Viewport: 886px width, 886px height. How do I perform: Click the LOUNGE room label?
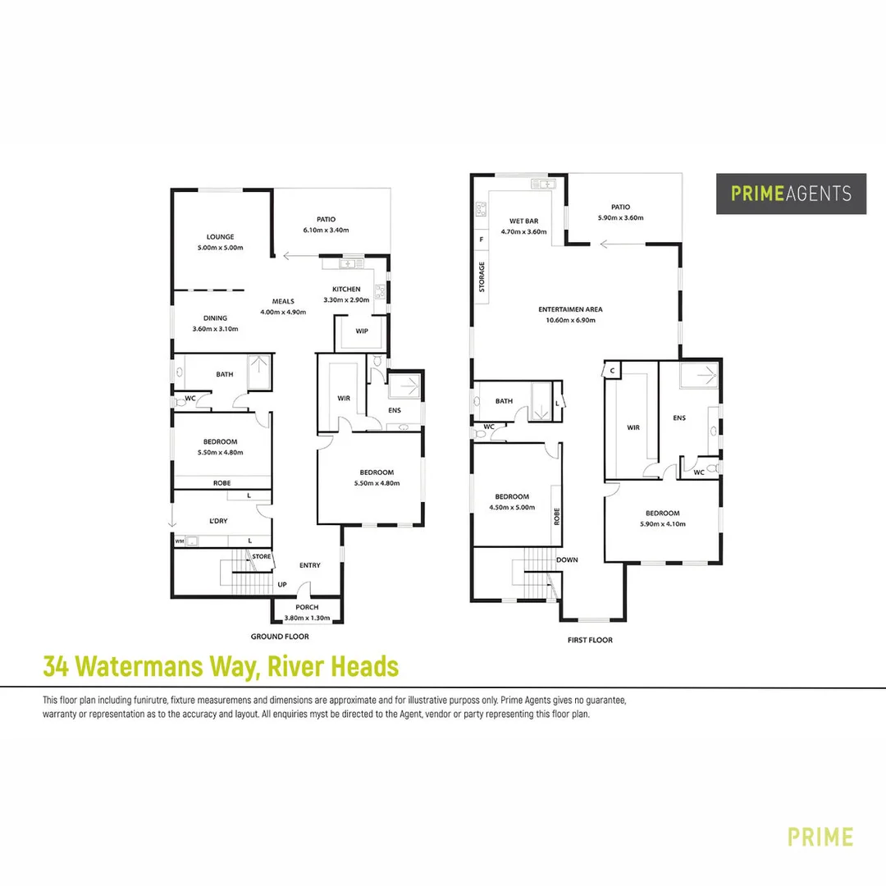tap(221, 237)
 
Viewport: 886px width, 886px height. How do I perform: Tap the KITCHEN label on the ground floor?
tap(346, 290)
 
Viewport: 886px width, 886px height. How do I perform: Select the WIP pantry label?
tap(361, 331)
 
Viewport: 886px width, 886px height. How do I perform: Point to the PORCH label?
tap(307, 607)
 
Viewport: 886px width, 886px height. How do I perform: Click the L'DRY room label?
tap(217, 521)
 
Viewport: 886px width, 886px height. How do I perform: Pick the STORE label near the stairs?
tap(262, 557)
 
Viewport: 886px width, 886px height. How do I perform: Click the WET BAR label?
tap(523, 221)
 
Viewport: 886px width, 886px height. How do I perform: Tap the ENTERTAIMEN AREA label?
tap(570, 309)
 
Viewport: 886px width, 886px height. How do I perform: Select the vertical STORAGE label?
tap(482, 277)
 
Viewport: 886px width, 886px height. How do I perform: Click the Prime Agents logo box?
tap(791, 194)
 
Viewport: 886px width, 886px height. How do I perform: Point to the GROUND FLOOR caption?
tap(279, 637)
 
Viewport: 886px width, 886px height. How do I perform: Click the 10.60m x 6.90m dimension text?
tap(570, 320)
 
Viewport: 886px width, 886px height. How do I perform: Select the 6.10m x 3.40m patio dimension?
tap(327, 231)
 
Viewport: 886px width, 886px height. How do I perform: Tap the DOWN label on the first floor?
tap(567, 560)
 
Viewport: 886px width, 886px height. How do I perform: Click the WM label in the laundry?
tap(179, 541)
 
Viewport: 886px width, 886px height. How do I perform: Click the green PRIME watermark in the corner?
tap(820, 837)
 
